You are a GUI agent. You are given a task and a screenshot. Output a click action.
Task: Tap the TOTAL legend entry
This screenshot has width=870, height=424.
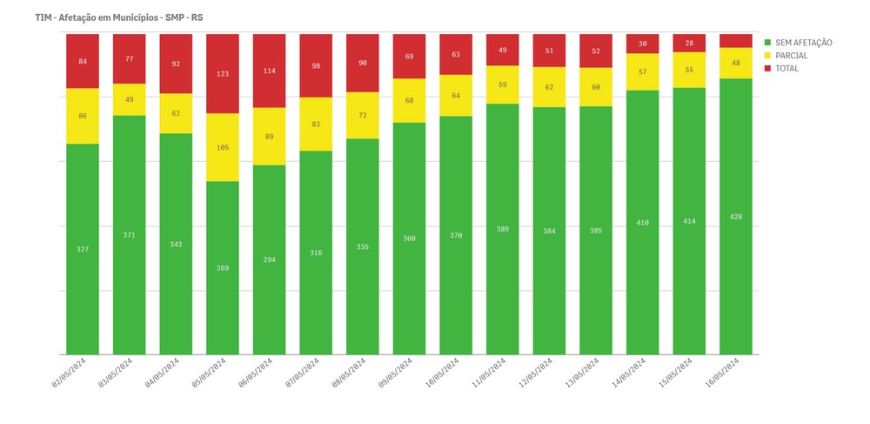[786, 69]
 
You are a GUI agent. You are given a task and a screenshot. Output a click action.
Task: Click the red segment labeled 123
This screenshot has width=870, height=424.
[223, 74]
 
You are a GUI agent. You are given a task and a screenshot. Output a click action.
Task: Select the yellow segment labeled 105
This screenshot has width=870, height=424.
[223, 147]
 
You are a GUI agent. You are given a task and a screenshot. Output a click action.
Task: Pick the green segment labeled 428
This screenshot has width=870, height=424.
[736, 217]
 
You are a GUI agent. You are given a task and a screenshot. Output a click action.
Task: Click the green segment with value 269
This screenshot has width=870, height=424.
[223, 268]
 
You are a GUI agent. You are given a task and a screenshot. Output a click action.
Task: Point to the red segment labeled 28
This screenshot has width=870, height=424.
[689, 43]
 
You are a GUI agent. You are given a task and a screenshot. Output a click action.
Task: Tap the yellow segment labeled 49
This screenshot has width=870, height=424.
[129, 99]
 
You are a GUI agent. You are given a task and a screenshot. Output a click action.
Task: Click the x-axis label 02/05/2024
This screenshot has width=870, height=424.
[68, 372]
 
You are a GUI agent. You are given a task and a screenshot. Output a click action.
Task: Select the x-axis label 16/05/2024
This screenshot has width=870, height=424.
[722, 372]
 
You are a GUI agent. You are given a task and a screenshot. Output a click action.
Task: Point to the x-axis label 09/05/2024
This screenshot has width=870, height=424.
[395, 372]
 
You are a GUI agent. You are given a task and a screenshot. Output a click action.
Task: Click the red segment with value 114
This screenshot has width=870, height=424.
[270, 71]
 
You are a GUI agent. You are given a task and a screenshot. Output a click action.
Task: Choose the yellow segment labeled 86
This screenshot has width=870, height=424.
[82, 116]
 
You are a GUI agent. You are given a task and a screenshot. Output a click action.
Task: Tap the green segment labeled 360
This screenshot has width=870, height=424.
[409, 239]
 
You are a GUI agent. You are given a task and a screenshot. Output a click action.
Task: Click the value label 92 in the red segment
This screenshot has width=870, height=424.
[176, 64]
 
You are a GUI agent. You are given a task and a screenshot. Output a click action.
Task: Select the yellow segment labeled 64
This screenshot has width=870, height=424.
[456, 96]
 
